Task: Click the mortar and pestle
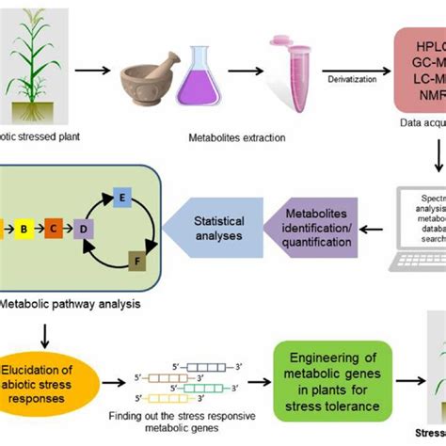(x=152, y=76)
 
